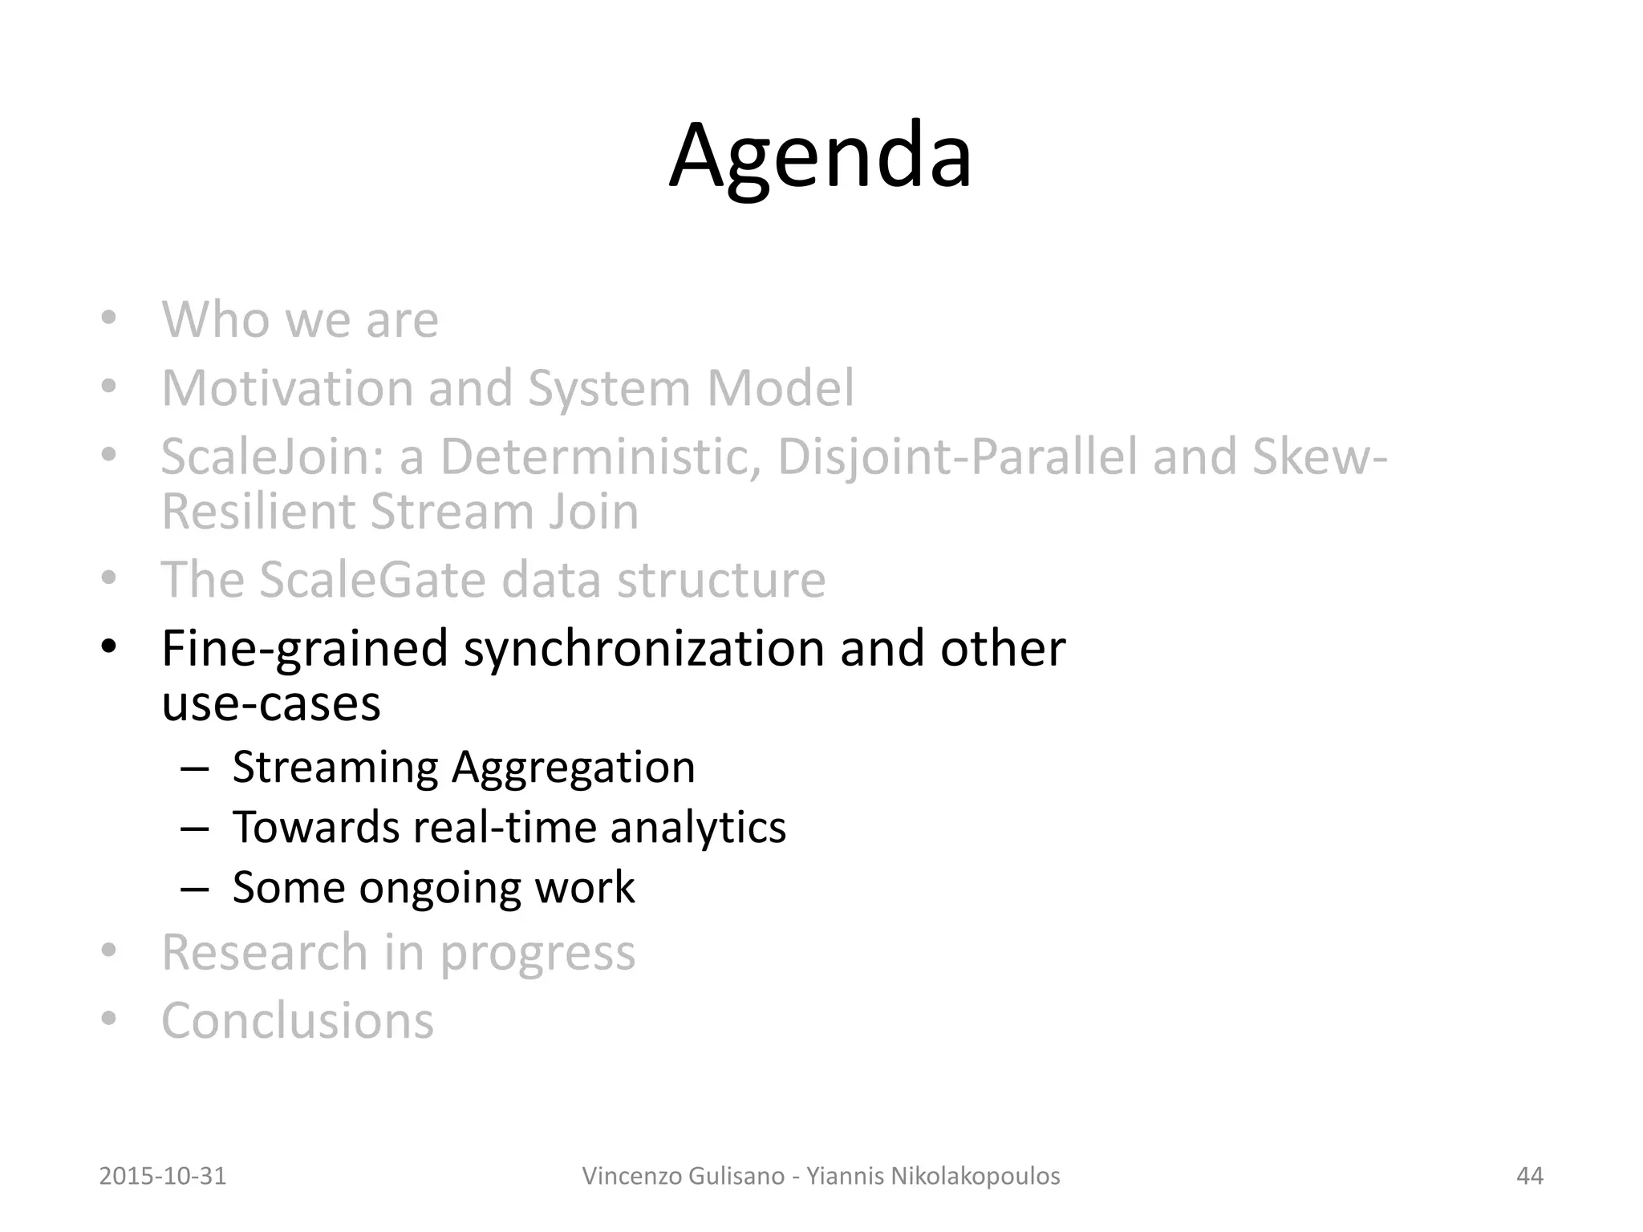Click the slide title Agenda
click(820, 156)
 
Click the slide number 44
click(1529, 1176)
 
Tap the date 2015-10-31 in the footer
click(163, 1176)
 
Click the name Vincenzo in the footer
click(631, 1176)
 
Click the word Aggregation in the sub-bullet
click(573, 767)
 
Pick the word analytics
click(697, 827)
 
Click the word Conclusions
click(298, 1020)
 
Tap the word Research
click(265, 952)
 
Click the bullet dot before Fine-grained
click(109, 646)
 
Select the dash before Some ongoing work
click(194, 888)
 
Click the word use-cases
click(271, 703)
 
